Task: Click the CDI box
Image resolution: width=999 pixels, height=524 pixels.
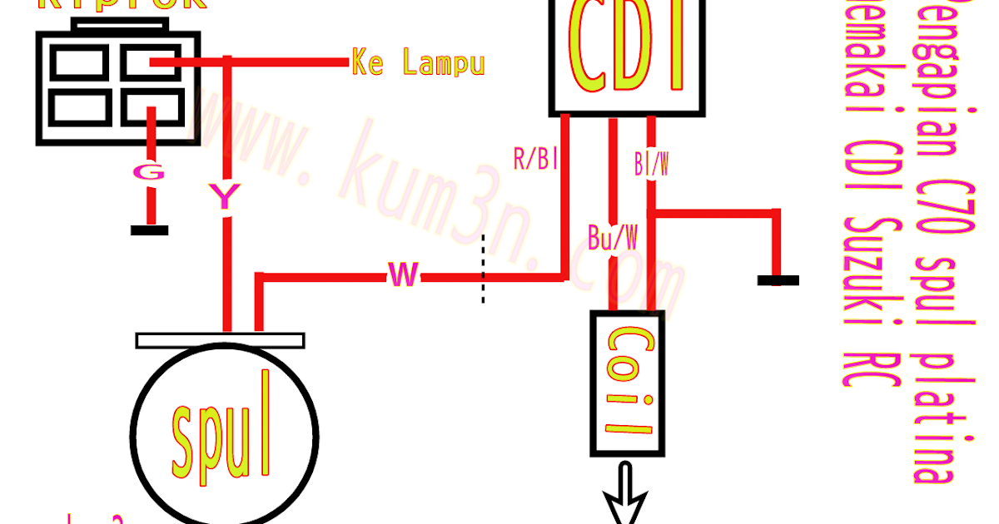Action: pyautogui.click(x=627, y=55)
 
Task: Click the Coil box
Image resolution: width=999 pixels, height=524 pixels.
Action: pyautogui.click(x=627, y=383)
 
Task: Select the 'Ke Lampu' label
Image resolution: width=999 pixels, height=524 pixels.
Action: pyautogui.click(x=418, y=62)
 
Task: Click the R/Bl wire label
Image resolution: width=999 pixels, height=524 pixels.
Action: pyautogui.click(x=534, y=159)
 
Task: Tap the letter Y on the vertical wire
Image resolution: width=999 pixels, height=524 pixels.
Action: pyautogui.click(x=224, y=196)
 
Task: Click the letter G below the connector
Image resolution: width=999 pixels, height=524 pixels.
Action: pyautogui.click(x=150, y=172)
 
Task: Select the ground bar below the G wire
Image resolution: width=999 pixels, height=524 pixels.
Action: pyautogui.click(x=150, y=230)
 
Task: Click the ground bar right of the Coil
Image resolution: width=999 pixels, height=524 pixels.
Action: pyautogui.click(x=778, y=281)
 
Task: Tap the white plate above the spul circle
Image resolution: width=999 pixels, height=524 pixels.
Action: pyautogui.click(x=220, y=341)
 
